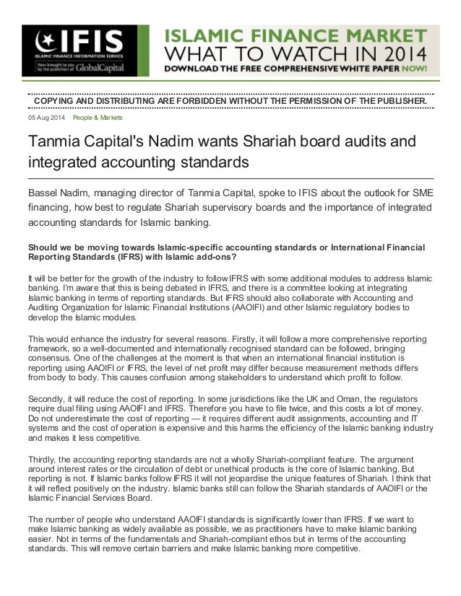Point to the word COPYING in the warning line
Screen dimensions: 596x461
pyautogui.click(x=57, y=100)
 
